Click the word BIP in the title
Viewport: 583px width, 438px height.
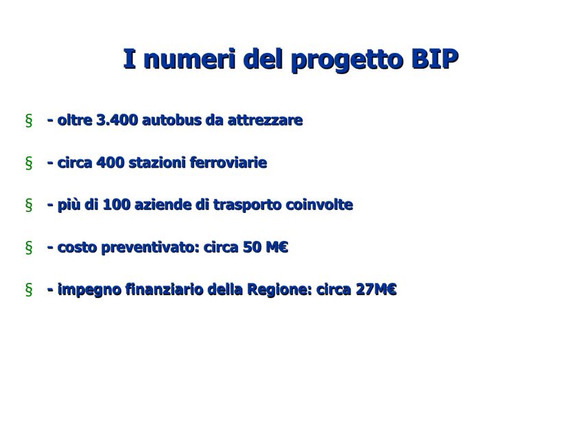click(435, 59)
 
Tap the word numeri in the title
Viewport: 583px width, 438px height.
click(189, 59)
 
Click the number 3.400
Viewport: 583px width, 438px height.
click(117, 120)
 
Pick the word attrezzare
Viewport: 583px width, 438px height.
click(265, 121)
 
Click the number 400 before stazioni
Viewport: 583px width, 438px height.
click(110, 163)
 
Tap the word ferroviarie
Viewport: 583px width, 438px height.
click(228, 163)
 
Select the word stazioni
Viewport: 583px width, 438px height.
click(157, 163)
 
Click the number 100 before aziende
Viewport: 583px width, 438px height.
click(117, 205)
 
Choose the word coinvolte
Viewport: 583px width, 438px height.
click(320, 205)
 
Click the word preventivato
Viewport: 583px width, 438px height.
click(151, 248)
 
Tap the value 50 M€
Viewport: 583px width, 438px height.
click(265, 247)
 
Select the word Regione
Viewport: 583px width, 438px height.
click(280, 290)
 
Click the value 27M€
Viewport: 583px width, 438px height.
click(376, 290)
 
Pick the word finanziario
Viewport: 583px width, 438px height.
click(165, 290)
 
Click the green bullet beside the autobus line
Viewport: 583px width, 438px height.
click(29, 121)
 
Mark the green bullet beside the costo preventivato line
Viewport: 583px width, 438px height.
click(29, 247)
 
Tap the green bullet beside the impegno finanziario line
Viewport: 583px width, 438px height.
click(29, 290)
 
